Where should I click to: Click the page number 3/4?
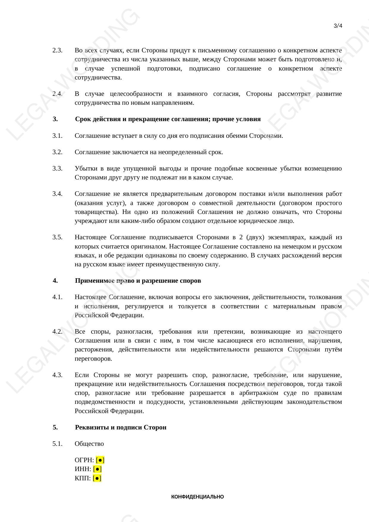click(338, 26)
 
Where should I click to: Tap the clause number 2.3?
click(57, 50)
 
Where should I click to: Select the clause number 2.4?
click(57, 94)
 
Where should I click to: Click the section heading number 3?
click(55, 119)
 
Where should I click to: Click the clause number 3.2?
click(57, 152)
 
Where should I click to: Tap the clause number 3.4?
click(57, 194)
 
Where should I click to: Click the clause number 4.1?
click(57, 297)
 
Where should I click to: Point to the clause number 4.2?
click(57, 332)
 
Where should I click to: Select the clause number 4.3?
click(57, 375)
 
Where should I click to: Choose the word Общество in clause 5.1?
click(89, 444)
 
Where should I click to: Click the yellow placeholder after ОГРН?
click(100, 460)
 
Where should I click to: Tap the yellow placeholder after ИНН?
click(97, 469)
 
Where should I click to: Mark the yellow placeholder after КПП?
click(97, 478)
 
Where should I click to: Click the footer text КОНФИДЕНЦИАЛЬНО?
click(197, 497)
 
